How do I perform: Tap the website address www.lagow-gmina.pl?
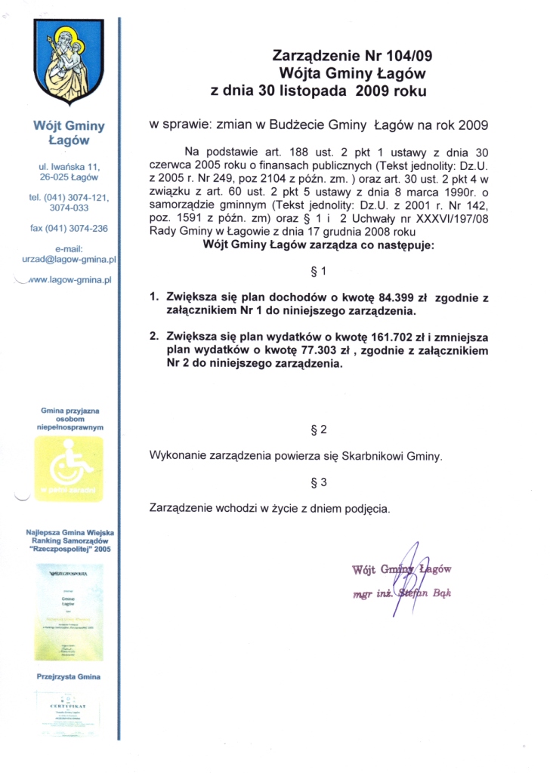pyautogui.click(x=69, y=279)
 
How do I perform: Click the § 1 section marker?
pyautogui.click(x=318, y=272)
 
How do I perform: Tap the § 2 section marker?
pyautogui.click(x=318, y=430)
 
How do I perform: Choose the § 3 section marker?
pyautogui.click(x=318, y=482)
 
